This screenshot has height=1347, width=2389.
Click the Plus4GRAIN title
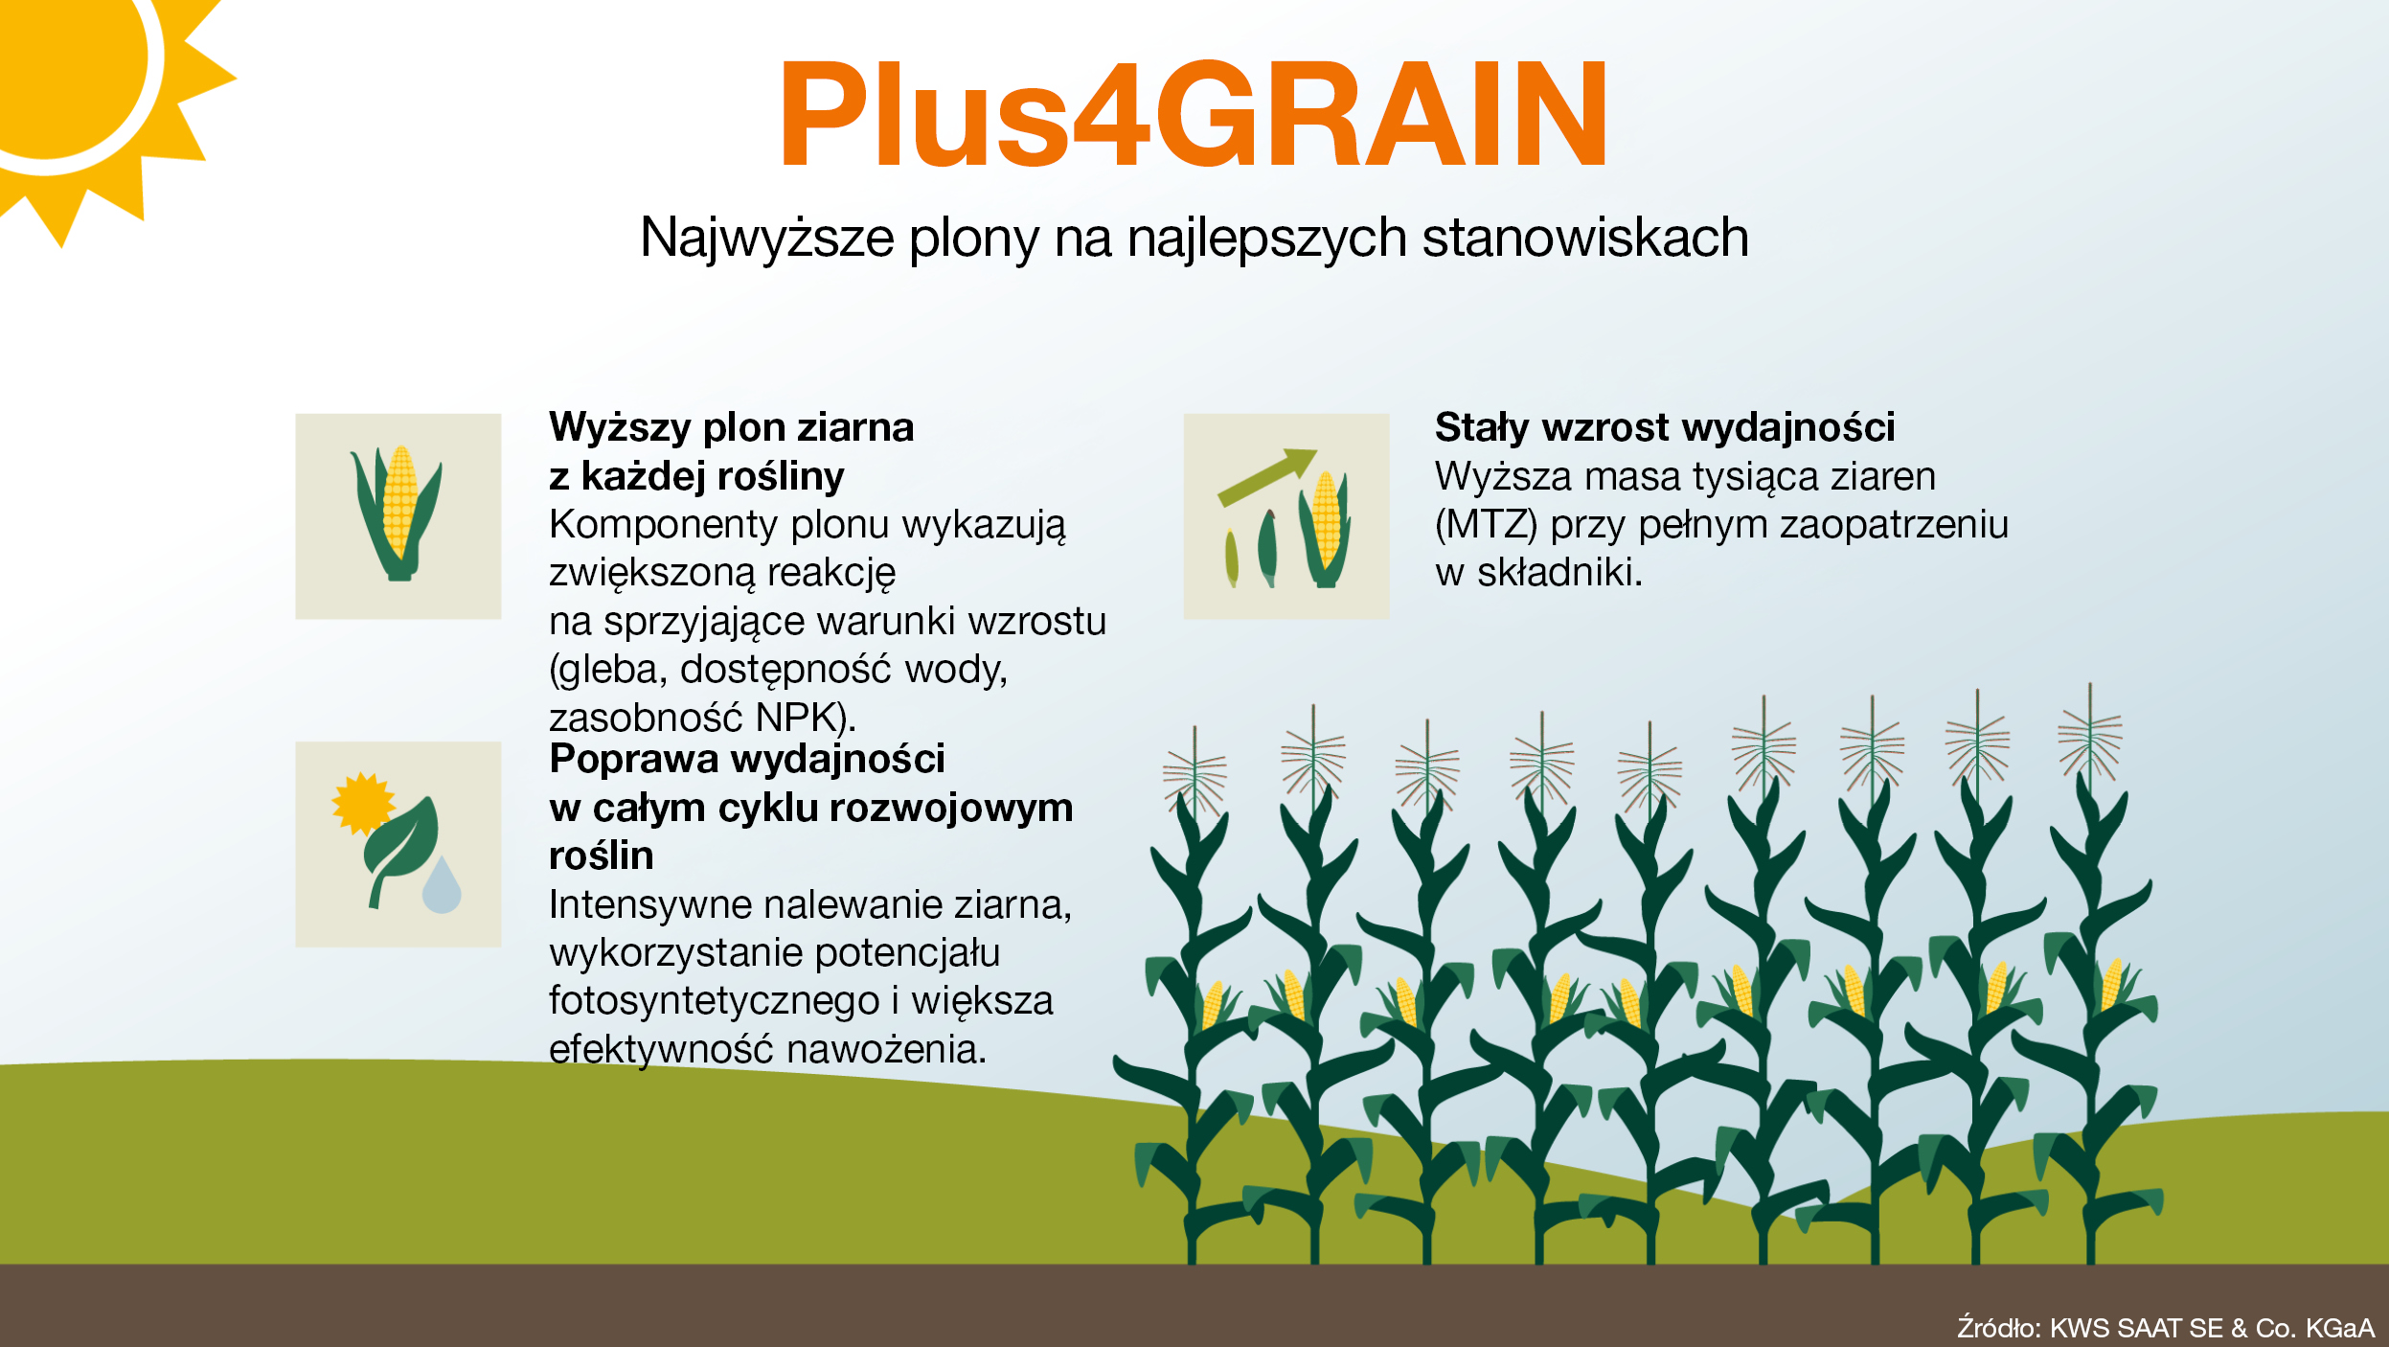[x=1193, y=115]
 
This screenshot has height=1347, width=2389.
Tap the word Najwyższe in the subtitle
[x=765, y=238]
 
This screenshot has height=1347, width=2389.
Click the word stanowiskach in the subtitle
[x=1585, y=238]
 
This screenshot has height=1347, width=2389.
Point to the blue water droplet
[x=442, y=887]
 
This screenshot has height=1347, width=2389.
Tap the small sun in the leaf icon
[x=362, y=803]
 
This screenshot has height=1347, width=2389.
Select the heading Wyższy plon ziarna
[x=731, y=427]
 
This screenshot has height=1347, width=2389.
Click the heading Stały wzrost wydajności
[x=1664, y=427]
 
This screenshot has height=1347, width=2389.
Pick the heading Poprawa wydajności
[x=746, y=759]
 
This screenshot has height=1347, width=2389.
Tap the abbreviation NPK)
[x=806, y=718]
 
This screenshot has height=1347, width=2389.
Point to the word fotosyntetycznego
[x=714, y=1001]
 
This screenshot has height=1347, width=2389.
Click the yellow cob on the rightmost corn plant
[x=2112, y=984]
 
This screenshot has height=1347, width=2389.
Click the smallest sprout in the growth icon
[x=1232, y=558]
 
